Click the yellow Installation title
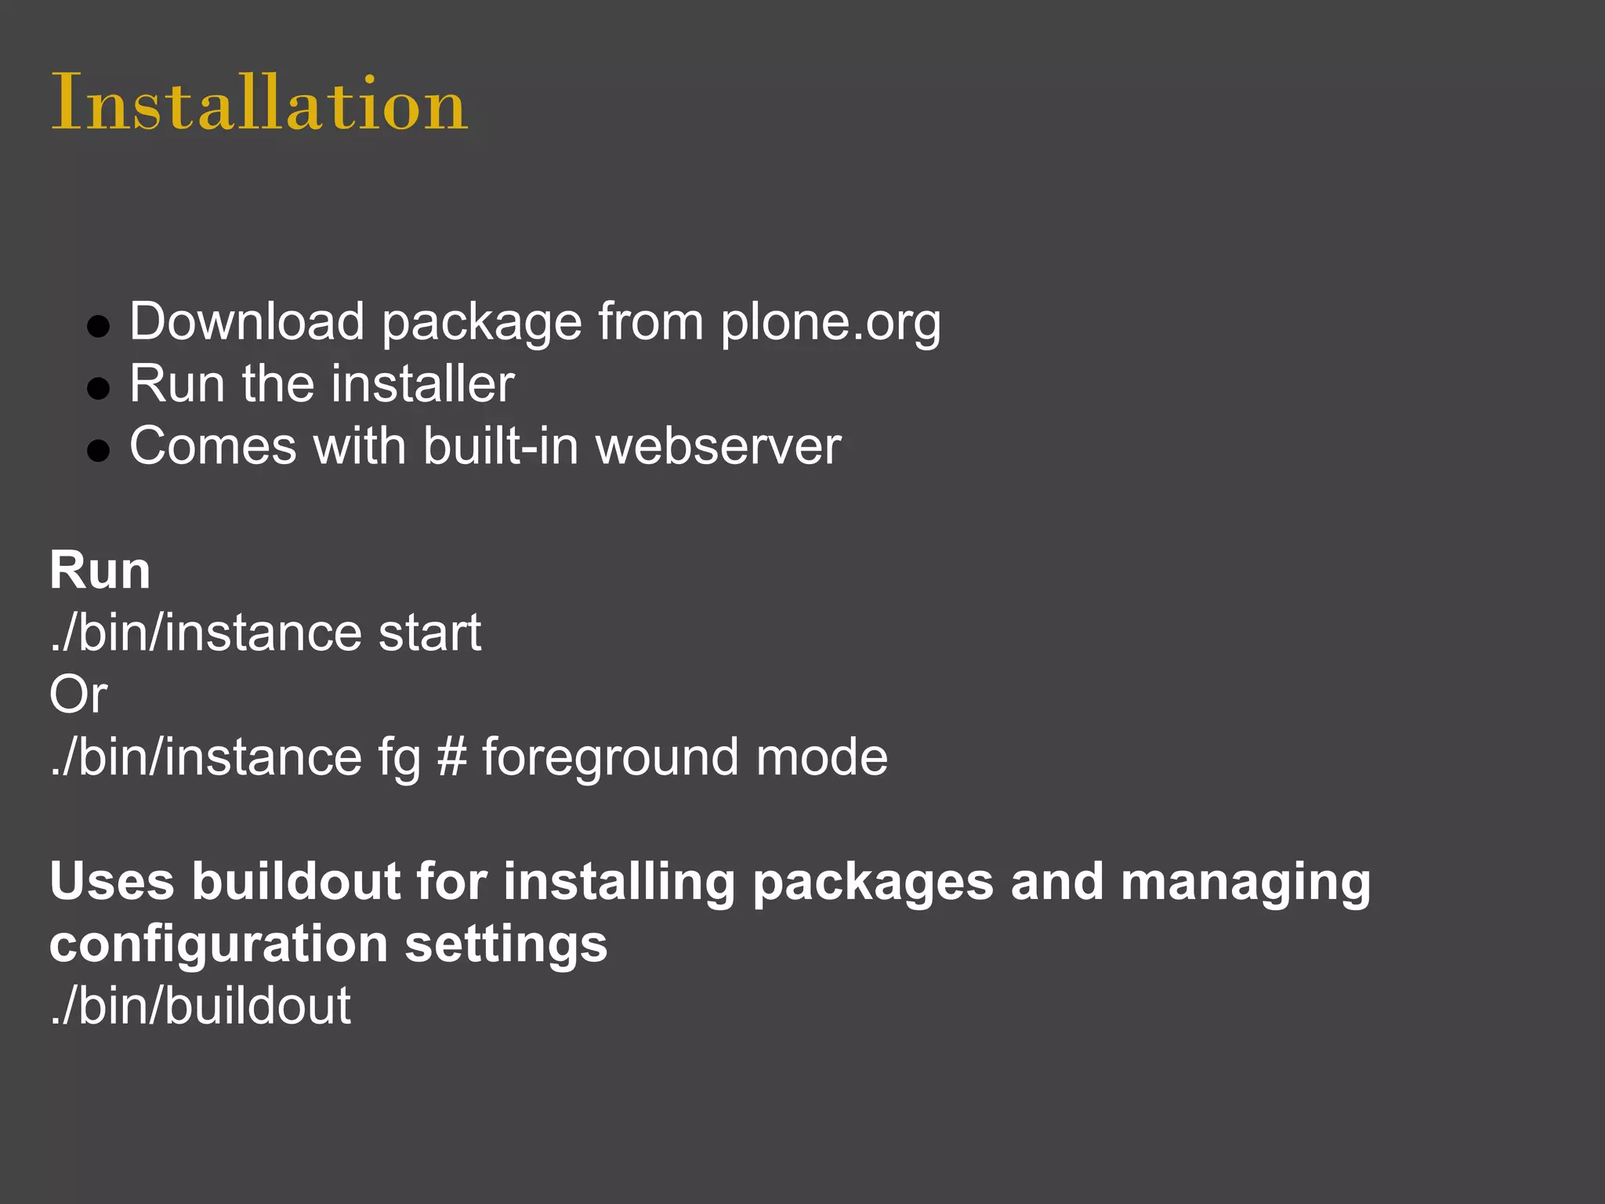[259, 103]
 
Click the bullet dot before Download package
[99, 326]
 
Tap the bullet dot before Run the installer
[99, 388]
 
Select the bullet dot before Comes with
[99, 450]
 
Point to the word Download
[247, 321]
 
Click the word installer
[423, 384]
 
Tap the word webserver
[718, 446]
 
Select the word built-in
[501, 446]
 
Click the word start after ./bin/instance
[429, 633]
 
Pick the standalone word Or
[78, 694]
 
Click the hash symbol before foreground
[451, 757]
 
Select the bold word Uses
[111, 881]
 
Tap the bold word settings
[506, 944]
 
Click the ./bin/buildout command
[201, 1006]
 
